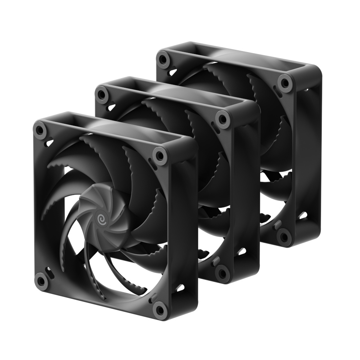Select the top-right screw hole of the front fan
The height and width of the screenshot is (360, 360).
click(x=160, y=155)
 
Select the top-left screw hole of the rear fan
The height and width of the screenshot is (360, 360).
click(x=162, y=59)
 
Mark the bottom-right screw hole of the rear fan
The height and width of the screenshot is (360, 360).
click(x=284, y=236)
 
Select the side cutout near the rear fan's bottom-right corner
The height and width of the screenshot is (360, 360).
click(x=302, y=216)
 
